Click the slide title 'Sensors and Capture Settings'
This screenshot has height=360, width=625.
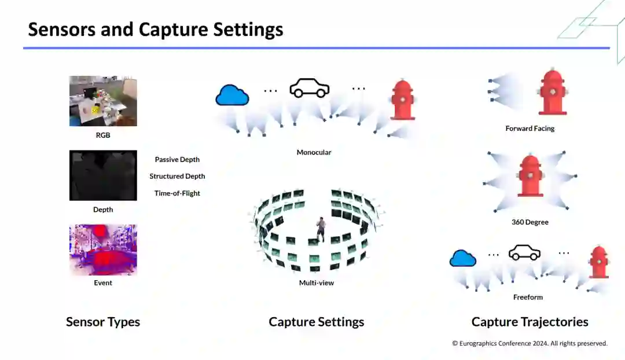point(156,30)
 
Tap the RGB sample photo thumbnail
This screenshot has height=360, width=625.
point(103,101)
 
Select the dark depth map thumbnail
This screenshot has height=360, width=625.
point(103,175)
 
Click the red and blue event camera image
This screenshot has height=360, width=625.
point(103,250)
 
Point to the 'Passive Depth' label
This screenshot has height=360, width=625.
point(177,160)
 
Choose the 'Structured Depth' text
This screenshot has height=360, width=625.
point(177,177)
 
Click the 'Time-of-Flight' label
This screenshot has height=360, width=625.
point(177,193)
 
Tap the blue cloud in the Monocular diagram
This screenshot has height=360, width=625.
point(232,95)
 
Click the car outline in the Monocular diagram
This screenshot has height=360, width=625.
point(309,88)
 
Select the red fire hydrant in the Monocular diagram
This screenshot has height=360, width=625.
point(402,100)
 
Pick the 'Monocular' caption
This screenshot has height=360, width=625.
point(314,153)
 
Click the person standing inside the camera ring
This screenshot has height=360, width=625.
point(321,229)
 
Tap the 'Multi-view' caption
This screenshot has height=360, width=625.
point(316,283)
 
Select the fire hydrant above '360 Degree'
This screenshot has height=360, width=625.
point(530,176)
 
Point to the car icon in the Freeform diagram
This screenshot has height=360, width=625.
point(524,253)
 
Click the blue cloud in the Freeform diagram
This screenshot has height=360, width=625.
point(463,258)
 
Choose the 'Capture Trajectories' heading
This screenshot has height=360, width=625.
point(530,322)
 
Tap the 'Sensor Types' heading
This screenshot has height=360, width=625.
point(103,322)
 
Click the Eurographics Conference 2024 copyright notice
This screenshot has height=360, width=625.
point(530,343)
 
